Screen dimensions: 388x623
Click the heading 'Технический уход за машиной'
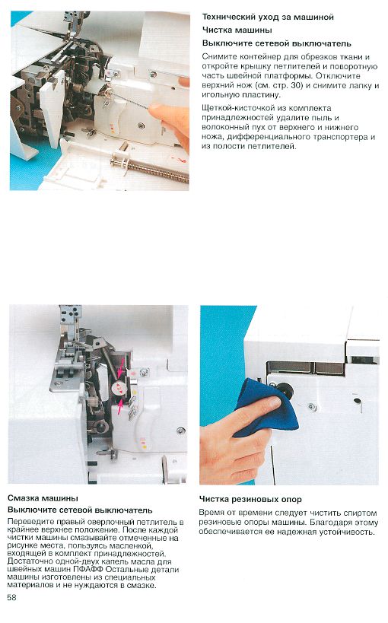[x=268, y=17]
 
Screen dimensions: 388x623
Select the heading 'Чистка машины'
[x=237, y=30]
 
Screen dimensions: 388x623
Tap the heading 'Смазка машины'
[x=43, y=498]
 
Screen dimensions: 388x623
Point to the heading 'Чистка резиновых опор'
[x=250, y=500]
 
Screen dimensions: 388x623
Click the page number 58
[x=11, y=598]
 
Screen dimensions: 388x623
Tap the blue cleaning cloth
[x=266, y=408]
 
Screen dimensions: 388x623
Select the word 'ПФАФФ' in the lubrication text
[x=88, y=569]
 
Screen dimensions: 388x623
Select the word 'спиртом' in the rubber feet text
[x=360, y=513]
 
